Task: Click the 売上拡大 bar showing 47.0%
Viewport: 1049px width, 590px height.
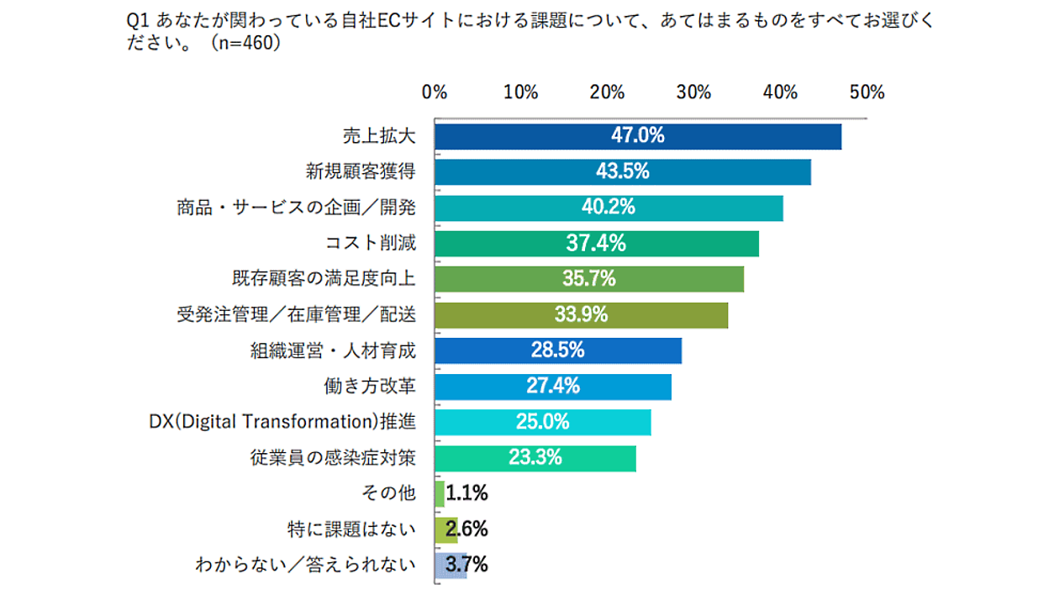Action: [x=638, y=136]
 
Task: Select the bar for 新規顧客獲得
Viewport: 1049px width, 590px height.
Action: [x=623, y=171]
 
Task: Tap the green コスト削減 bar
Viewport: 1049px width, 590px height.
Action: [x=597, y=244]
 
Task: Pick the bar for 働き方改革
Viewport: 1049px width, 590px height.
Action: [x=553, y=387]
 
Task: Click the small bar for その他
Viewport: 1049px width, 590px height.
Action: [x=440, y=493]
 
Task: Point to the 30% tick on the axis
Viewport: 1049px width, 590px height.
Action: [x=693, y=92]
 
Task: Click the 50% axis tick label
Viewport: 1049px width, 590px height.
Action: [x=867, y=92]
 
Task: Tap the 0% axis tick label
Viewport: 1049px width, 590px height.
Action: [x=435, y=92]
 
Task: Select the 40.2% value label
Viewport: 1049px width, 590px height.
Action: [x=608, y=207]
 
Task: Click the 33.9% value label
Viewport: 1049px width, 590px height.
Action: [x=581, y=314]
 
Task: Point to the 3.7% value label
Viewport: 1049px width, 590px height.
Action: [x=467, y=565]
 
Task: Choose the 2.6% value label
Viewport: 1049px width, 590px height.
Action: [x=467, y=529]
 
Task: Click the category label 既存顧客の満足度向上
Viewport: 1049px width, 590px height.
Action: [x=324, y=278]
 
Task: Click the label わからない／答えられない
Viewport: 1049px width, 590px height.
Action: [x=305, y=565]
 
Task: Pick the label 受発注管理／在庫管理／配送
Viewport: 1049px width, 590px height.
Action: [x=296, y=314]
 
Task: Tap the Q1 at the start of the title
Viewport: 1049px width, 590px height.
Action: [x=135, y=21]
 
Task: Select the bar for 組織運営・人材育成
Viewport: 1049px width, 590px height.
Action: [x=558, y=350]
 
